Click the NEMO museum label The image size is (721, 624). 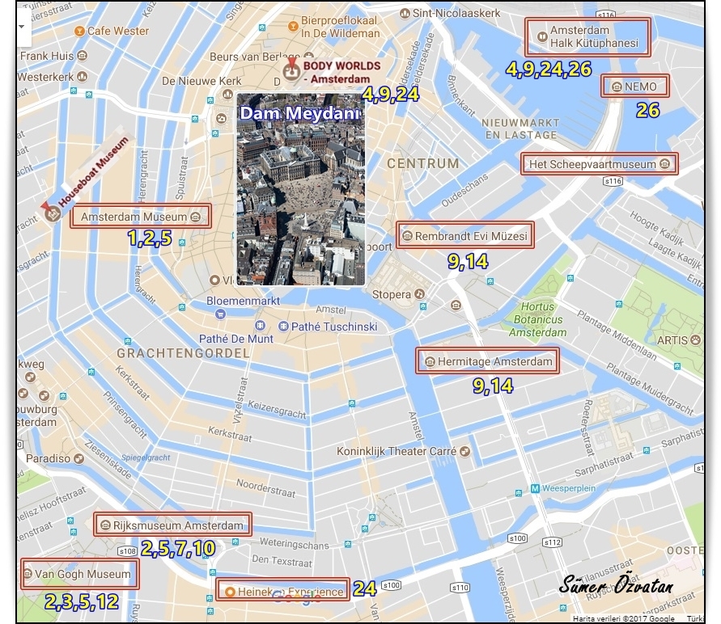[x=629, y=86]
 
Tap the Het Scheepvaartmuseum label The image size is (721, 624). [x=599, y=164]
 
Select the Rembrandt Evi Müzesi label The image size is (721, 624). [x=464, y=236]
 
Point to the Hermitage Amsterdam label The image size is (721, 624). [x=488, y=361]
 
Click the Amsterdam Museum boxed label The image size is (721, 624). [x=140, y=217]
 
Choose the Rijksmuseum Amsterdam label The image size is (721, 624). [x=172, y=525]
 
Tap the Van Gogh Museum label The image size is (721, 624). [x=78, y=575]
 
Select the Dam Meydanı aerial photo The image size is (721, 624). [x=300, y=190]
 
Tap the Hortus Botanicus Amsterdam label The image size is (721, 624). [x=538, y=319]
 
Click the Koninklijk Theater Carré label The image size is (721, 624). [x=397, y=451]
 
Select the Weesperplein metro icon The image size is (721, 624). [x=535, y=488]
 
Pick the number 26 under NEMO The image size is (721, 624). [x=647, y=111]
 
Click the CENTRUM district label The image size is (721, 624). [x=422, y=163]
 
